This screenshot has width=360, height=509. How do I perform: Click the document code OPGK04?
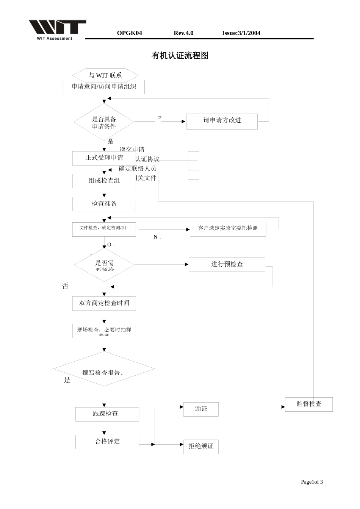point(129,33)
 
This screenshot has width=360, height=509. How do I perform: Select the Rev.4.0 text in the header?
point(183,33)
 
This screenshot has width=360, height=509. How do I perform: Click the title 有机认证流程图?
point(180,56)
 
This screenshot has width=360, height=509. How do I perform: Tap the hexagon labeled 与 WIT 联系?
point(105,75)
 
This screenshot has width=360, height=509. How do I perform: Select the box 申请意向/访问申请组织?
point(103,87)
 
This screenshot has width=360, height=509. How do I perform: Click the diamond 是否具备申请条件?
point(104,122)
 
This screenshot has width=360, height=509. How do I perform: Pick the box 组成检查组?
point(104,181)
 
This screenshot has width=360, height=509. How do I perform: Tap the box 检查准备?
point(104,204)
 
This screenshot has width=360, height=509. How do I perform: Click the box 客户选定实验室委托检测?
point(228,229)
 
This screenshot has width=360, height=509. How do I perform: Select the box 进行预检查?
point(227,264)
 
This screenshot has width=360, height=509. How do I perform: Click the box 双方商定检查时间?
point(104,303)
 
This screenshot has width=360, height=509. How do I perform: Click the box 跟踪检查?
point(107,414)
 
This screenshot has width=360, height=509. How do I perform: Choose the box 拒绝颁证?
point(201,447)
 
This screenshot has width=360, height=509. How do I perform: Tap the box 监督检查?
point(308,404)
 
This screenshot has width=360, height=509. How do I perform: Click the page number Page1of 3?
point(311,482)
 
